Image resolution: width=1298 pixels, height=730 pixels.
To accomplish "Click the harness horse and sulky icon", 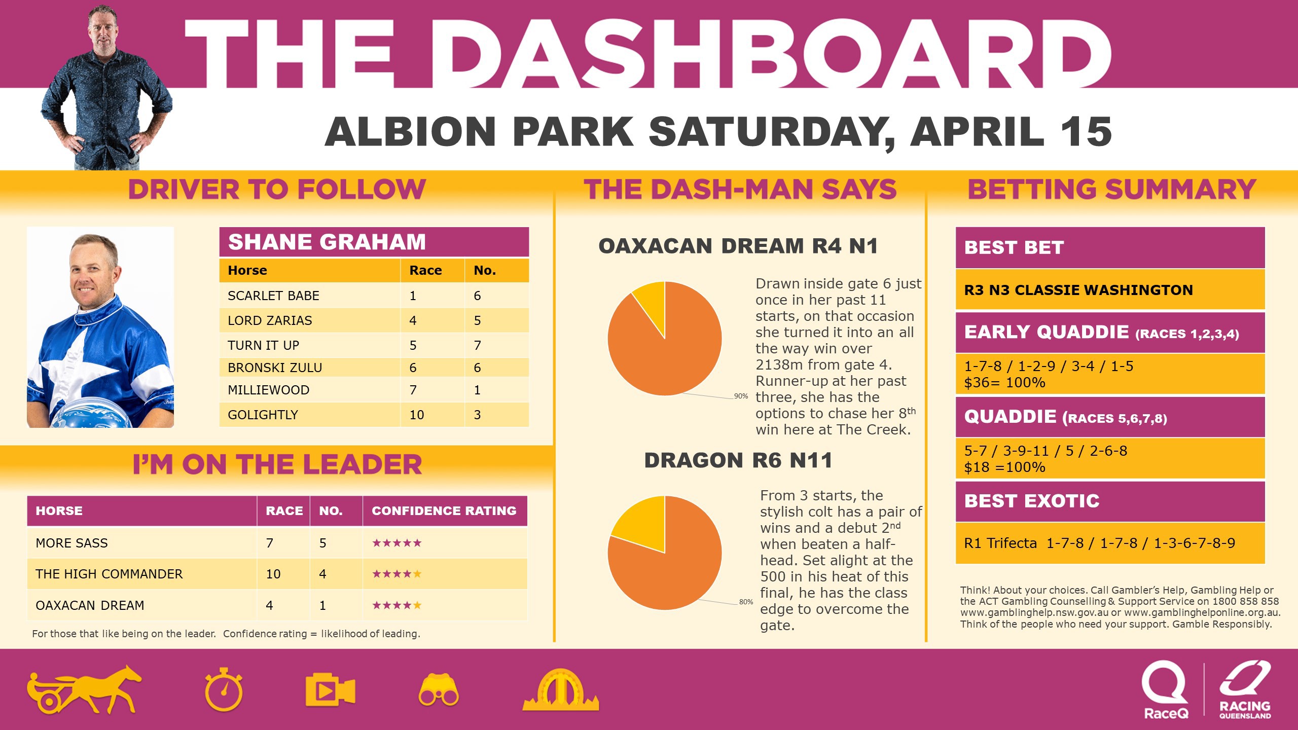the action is point(84,690).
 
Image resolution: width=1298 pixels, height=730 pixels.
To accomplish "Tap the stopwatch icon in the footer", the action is point(224,690).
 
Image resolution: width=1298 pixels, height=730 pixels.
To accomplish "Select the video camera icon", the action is point(330,690).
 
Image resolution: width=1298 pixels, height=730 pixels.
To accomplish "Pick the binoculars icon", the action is point(439,690).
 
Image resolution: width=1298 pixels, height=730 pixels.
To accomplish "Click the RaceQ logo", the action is point(1166,690).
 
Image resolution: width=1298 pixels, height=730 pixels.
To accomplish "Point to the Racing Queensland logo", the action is point(1245,690).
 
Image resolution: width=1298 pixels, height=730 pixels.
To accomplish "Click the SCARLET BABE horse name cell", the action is point(273,296).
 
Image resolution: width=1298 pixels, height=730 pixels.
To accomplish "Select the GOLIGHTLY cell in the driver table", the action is point(263,415).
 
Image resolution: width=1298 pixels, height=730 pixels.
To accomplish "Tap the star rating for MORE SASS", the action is point(396,543).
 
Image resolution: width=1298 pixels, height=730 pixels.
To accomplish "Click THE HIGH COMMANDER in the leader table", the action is point(109,574).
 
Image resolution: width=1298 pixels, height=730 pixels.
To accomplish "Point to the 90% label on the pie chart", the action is point(741,396).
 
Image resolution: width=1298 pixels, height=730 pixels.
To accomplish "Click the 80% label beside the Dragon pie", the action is point(746,602).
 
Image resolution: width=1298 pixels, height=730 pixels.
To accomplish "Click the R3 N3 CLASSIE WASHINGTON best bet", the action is point(1078,290).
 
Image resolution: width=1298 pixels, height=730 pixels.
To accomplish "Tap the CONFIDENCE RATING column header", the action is point(444,510).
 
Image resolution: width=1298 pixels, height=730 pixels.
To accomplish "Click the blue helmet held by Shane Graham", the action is point(84,413).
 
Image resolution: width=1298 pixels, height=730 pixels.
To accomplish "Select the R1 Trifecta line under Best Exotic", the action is point(1100,543).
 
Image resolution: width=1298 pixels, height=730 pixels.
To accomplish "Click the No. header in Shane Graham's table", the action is point(485,270).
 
